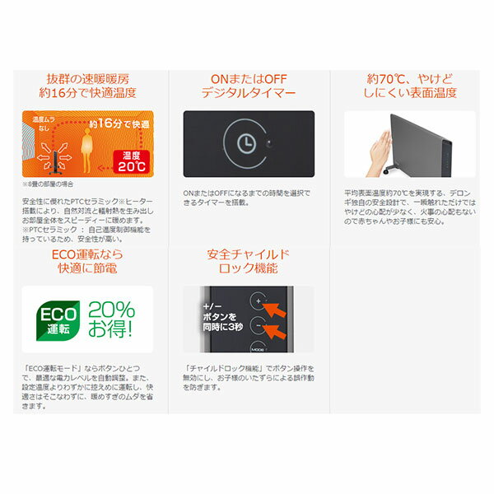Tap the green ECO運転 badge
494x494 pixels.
58,321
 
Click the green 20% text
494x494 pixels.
113,310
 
